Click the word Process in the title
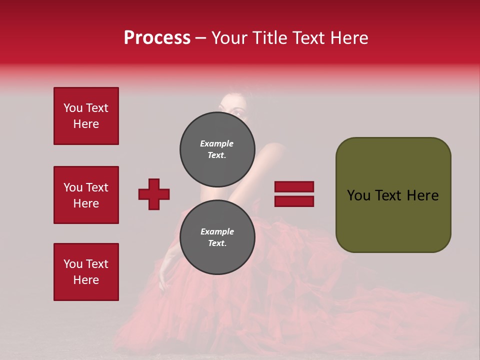point(157,38)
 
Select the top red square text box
point(86,116)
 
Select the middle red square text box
point(86,195)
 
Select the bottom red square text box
point(86,272)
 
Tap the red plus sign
point(154,194)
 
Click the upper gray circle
point(217,149)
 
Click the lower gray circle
point(217,237)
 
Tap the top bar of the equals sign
point(294,187)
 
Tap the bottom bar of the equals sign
point(294,201)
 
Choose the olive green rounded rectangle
point(393,195)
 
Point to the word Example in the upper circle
point(216,143)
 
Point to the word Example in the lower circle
point(217,231)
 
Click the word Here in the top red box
point(86,124)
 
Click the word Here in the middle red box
point(86,203)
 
